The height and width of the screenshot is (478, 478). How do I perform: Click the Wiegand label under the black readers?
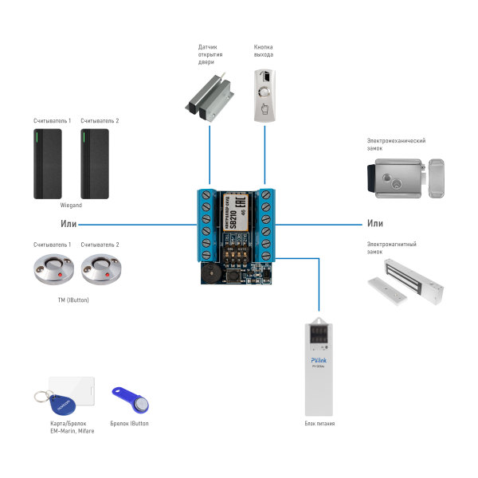(x=70, y=205)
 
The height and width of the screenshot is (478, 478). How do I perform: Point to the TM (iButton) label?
(x=72, y=300)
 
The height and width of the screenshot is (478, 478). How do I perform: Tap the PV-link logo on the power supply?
(x=319, y=360)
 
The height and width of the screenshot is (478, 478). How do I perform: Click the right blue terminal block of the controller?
(x=266, y=225)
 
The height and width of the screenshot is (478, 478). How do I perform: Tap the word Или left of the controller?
(x=69, y=224)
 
